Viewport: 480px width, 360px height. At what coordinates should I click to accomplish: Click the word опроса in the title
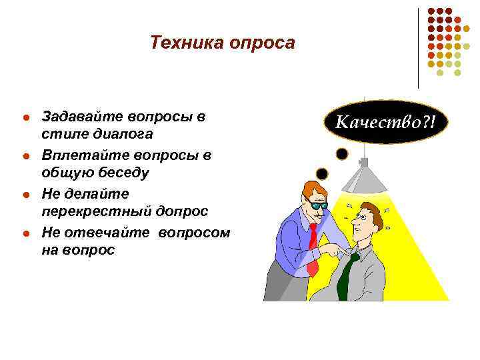[x=262, y=43]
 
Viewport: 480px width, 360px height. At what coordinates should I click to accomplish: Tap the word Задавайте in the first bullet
[x=79, y=117]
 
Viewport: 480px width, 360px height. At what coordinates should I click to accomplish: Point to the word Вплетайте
[x=78, y=155]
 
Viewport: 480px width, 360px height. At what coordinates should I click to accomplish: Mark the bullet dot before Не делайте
[x=26, y=195]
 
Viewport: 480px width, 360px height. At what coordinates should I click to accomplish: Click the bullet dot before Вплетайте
[x=26, y=157]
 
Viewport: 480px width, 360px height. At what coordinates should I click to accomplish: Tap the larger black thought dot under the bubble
[x=342, y=155]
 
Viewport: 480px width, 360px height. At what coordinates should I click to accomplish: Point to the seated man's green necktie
[x=347, y=277]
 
